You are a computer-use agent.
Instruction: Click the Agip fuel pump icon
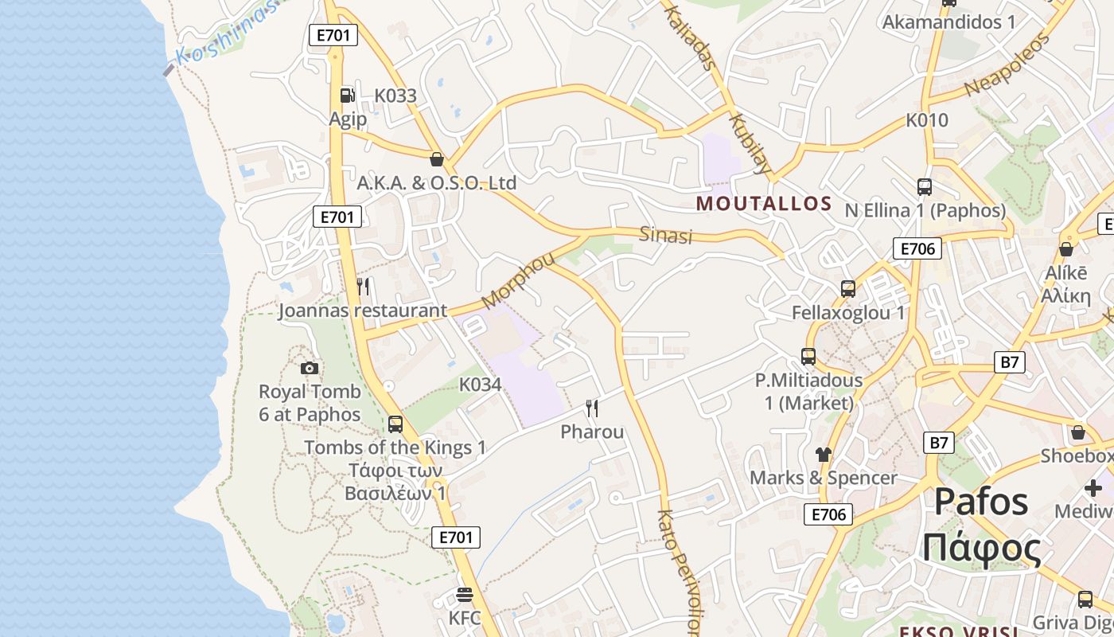point(347,96)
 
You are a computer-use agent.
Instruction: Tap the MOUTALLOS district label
point(764,204)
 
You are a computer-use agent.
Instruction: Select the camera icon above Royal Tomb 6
point(310,368)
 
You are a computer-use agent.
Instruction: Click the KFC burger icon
point(465,595)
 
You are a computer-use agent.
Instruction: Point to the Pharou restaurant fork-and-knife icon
point(592,408)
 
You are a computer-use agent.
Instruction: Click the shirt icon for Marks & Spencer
point(823,455)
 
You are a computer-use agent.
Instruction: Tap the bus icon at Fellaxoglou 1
point(848,288)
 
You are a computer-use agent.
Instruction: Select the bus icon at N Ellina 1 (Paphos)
point(925,187)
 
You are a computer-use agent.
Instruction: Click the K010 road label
point(927,120)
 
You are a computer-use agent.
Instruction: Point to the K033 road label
point(395,96)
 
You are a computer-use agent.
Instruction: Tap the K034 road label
point(481,385)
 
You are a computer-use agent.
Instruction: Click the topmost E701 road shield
point(333,35)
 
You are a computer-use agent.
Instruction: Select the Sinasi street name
point(666,235)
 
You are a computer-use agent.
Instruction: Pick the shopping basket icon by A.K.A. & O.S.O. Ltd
point(436,159)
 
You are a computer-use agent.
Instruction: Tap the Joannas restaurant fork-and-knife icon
point(363,287)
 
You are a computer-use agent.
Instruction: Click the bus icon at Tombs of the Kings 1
point(395,424)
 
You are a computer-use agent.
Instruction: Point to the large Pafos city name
point(981,502)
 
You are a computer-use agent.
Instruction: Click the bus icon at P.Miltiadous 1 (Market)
point(808,356)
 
